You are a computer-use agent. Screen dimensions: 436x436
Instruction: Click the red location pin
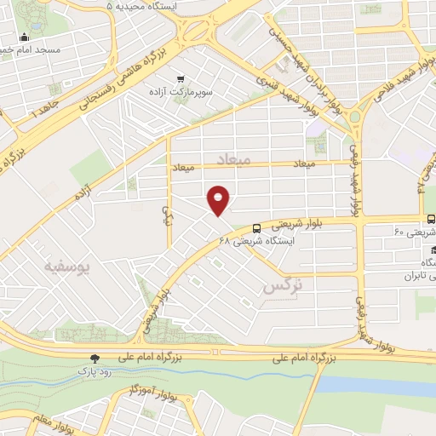point(219,199)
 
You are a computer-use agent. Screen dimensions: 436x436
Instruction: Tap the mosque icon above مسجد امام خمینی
point(24,36)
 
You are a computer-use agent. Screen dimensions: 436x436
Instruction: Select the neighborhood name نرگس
point(284,286)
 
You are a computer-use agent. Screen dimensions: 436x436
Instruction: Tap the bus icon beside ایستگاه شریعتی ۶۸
point(257,227)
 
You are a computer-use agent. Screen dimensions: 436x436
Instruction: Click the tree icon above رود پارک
point(95,359)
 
